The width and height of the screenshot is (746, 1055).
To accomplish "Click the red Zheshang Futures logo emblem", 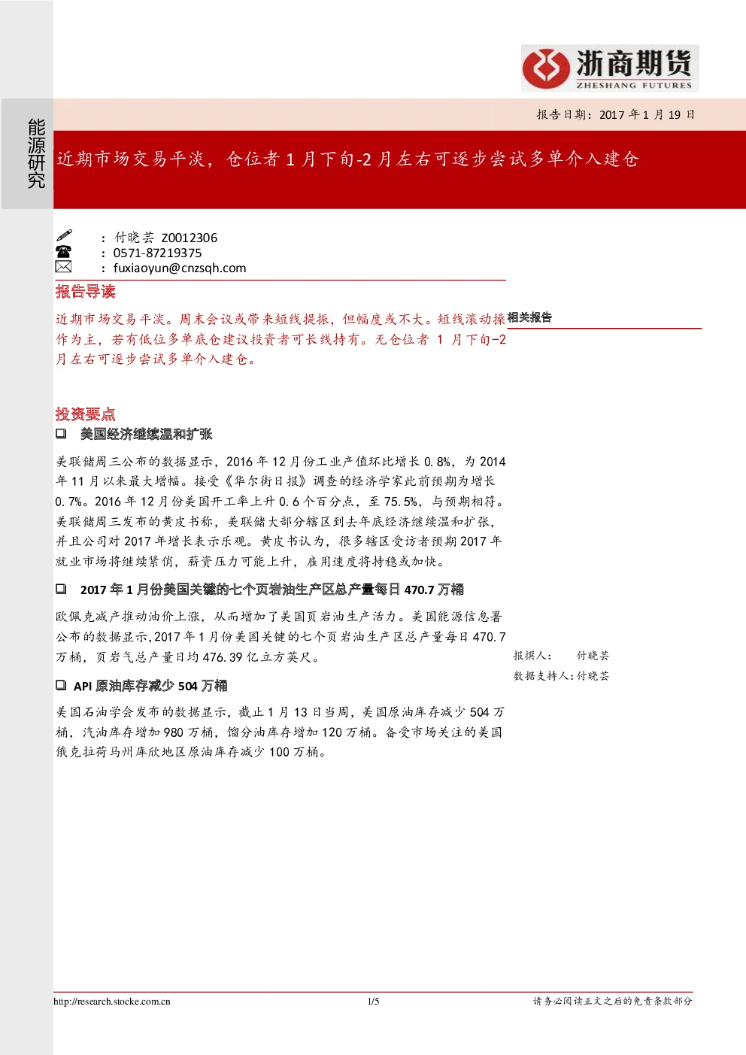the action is [x=545, y=68].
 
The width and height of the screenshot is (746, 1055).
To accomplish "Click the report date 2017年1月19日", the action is [x=647, y=114].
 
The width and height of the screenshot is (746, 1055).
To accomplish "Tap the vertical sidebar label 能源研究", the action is [x=36, y=153].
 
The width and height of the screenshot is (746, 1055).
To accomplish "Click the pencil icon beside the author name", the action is [x=64, y=235].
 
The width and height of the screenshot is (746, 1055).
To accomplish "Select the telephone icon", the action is [x=64, y=251].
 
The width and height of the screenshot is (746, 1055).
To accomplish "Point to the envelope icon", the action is [x=64, y=267].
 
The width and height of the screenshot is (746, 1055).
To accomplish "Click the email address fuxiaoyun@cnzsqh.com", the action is [x=180, y=268].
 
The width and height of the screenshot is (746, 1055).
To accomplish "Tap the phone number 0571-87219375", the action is [x=157, y=253].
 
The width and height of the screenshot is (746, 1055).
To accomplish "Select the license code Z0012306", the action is [x=189, y=238].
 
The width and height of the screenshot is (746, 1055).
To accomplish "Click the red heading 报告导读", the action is [x=85, y=292].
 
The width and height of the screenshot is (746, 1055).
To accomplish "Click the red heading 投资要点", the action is [x=85, y=414].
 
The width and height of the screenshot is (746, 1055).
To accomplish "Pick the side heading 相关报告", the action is [x=530, y=317].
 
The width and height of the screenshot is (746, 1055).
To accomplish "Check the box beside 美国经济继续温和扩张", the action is [x=61, y=433].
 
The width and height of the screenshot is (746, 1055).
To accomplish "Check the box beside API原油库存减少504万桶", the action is [x=61, y=685].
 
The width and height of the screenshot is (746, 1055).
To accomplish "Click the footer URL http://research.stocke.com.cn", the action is [x=111, y=1002].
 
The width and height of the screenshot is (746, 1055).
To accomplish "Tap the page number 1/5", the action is [x=374, y=1002].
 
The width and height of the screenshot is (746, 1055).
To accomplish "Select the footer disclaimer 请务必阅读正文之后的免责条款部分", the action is [x=613, y=1002].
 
